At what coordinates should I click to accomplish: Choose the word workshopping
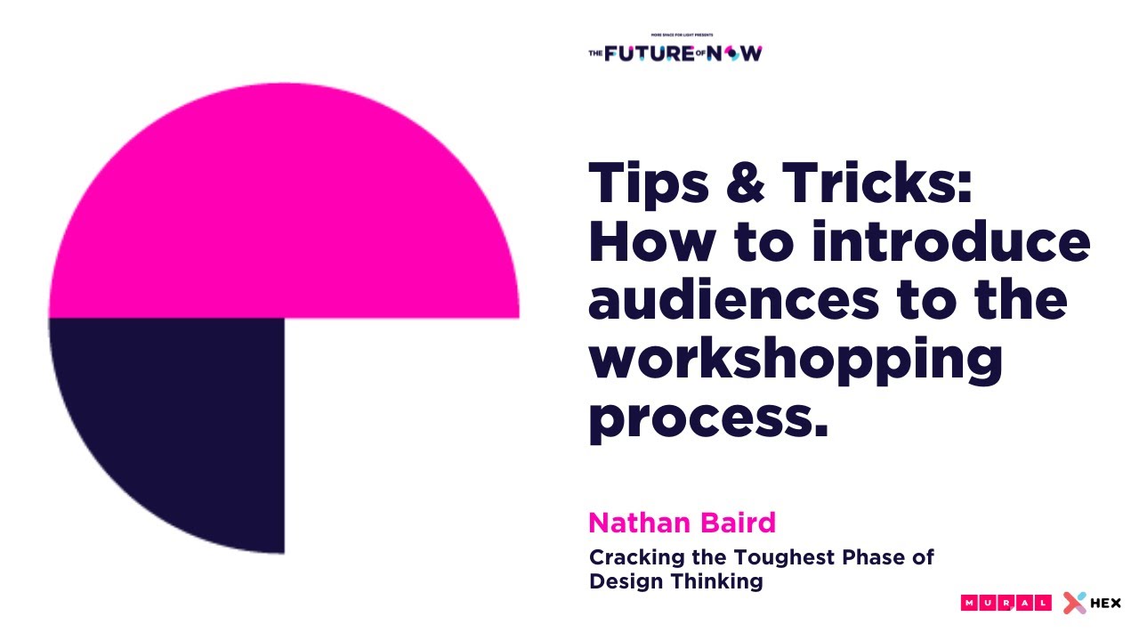[x=796, y=361]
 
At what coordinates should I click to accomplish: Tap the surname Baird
[x=734, y=523]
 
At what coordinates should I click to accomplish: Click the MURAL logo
[x=1006, y=603]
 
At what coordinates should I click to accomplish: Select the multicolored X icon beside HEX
[x=1075, y=603]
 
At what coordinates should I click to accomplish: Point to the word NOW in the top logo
[x=739, y=53]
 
